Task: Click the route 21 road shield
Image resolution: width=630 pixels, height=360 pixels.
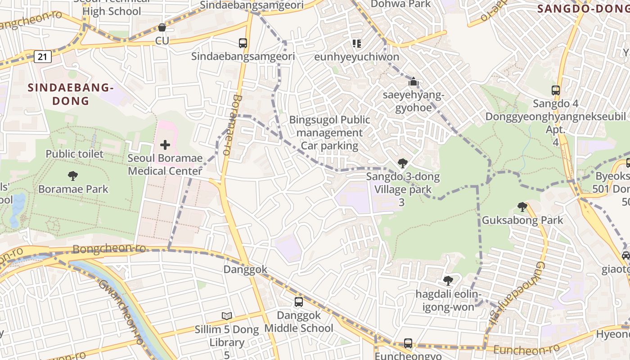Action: (x=42, y=57)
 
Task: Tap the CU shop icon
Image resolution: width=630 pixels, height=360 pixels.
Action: (x=162, y=28)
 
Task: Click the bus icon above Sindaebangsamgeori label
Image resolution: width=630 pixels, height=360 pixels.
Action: (x=243, y=43)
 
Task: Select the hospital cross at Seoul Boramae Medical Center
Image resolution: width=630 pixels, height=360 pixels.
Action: (x=165, y=145)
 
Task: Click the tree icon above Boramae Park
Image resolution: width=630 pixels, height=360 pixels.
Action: (x=73, y=175)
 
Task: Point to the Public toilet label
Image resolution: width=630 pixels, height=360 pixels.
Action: (x=75, y=154)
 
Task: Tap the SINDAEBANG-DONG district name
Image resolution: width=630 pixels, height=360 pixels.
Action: (x=70, y=94)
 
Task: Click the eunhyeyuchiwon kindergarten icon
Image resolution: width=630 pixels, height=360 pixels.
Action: (x=356, y=44)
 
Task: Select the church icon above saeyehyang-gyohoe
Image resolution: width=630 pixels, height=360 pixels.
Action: (x=413, y=82)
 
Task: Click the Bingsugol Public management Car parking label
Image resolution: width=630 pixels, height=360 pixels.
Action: (x=330, y=133)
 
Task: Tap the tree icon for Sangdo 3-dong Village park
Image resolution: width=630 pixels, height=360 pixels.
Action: (x=402, y=163)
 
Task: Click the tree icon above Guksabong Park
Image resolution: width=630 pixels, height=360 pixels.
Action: (x=522, y=207)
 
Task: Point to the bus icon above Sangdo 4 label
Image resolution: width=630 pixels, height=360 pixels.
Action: (x=556, y=90)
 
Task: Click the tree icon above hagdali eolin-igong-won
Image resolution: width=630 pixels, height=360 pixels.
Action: (x=448, y=281)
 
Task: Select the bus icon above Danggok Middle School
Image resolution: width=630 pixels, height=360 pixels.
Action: (x=299, y=302)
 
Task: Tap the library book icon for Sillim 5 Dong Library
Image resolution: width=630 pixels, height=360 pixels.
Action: (x=227, y=316)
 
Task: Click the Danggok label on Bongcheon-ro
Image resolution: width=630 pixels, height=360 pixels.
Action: (x=245, y=270)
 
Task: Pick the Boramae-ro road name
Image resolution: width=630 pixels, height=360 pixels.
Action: (x=232, y=125)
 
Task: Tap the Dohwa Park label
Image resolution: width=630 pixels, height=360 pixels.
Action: (x=400, y=4)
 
